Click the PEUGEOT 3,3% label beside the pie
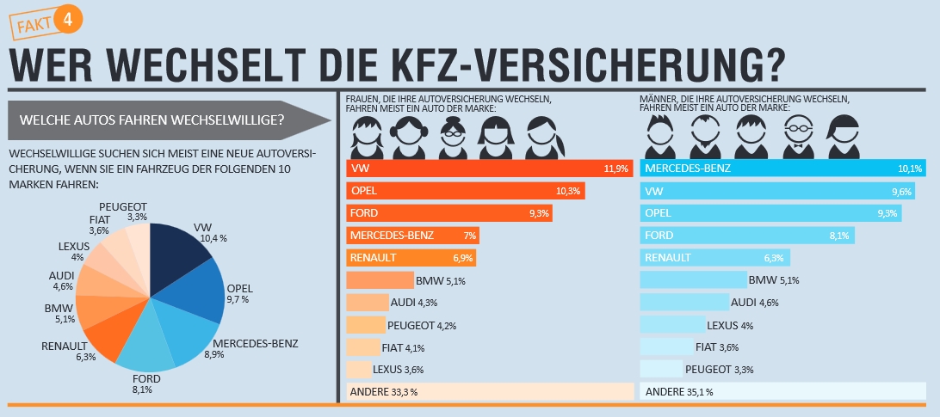point(123,212)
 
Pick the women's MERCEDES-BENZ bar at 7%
point(412,235)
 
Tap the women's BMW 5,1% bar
point(380,279)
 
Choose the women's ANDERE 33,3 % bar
point(489,392)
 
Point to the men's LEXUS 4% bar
point(671,325)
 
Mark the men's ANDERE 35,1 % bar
point(782,392)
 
